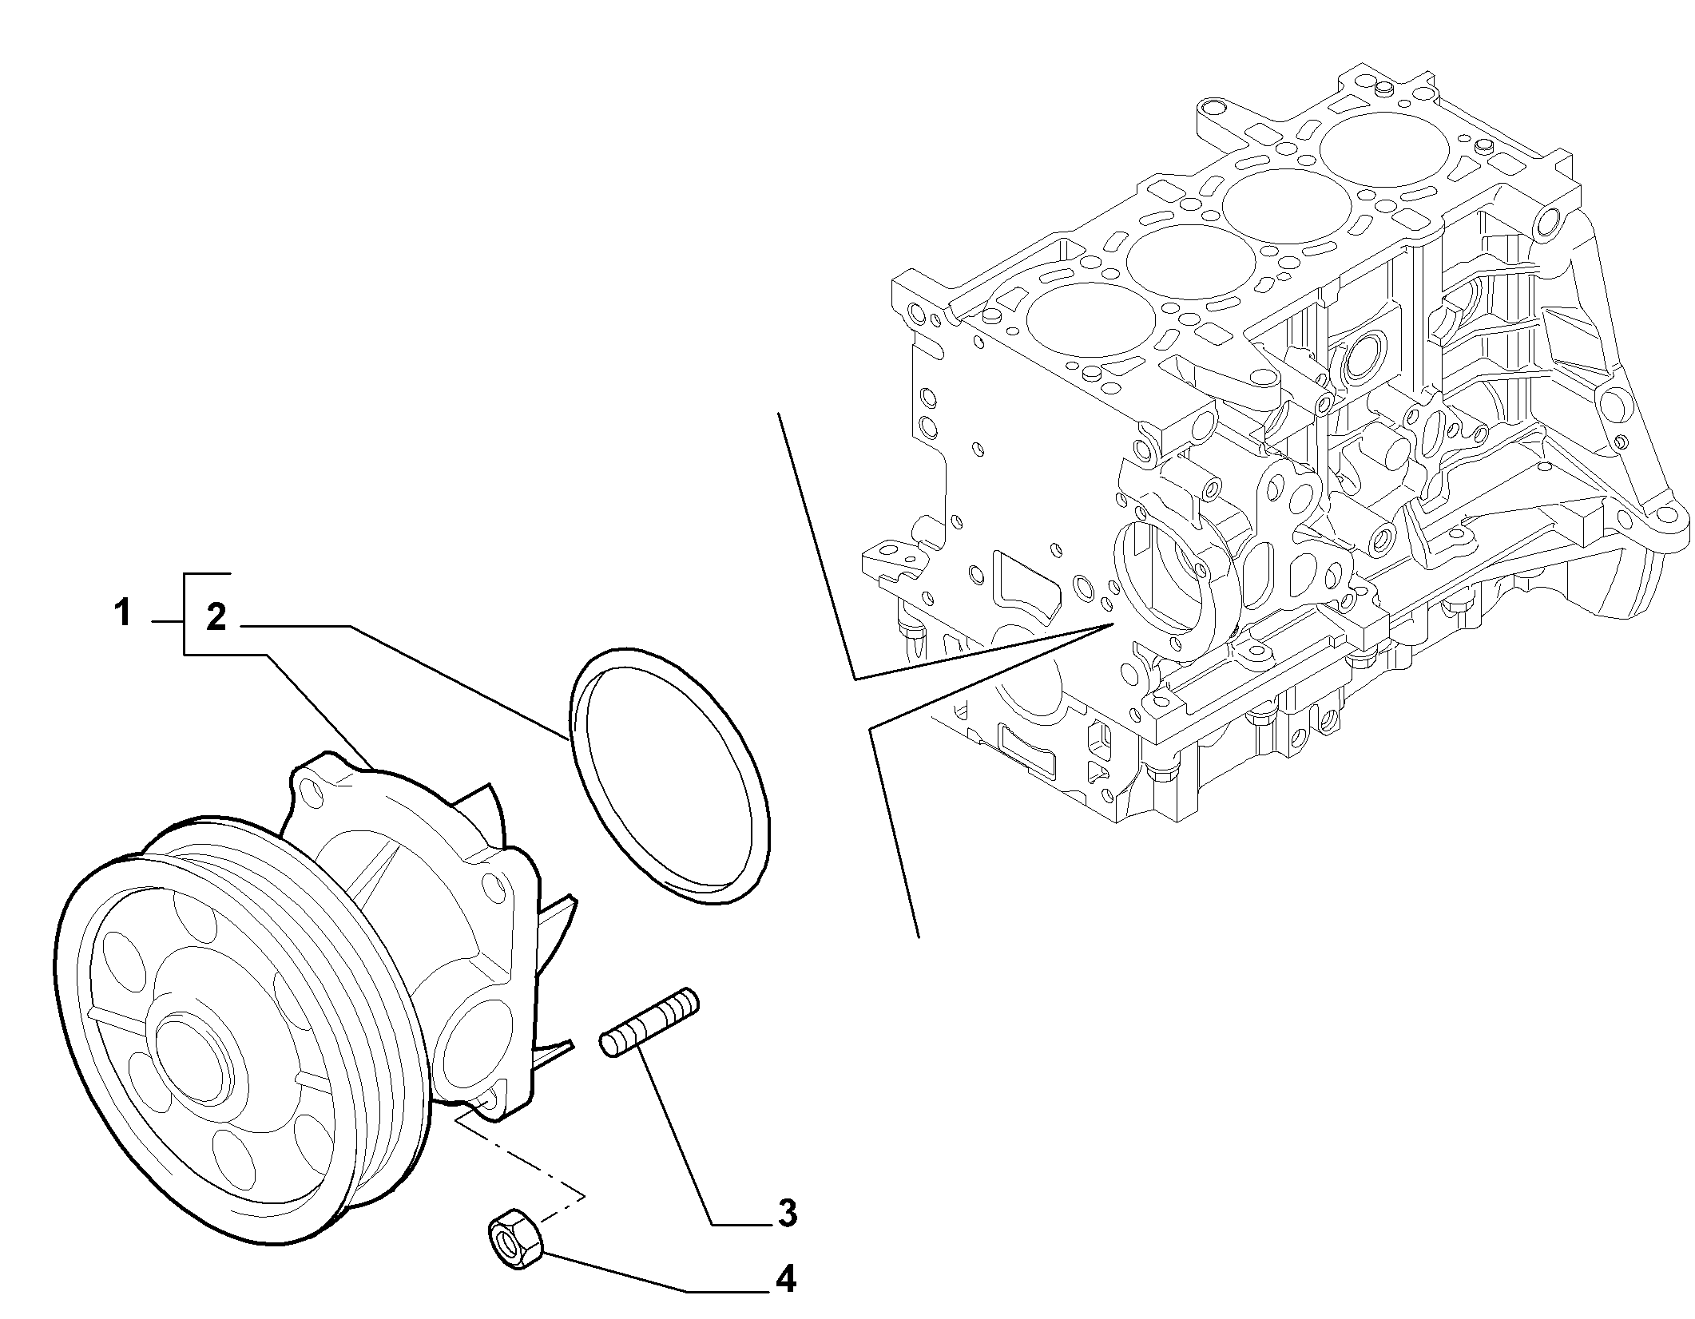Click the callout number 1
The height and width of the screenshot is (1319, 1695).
point(121,616)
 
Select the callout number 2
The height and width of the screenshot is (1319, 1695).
point(216,618)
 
